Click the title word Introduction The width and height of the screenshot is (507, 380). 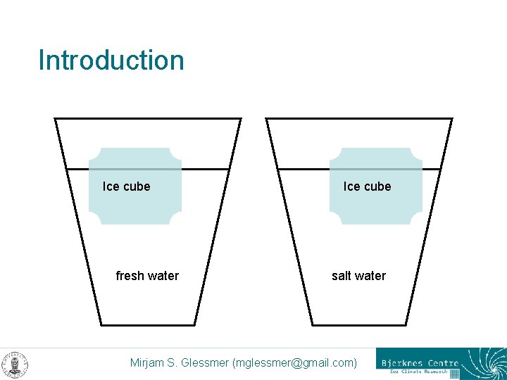coord(111,61)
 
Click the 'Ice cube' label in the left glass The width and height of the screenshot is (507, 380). coord(127,186)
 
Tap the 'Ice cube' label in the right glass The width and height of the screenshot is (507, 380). coord(367,186)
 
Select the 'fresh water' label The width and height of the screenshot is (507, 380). coord(147,276)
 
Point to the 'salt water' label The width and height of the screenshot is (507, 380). coord(359,276)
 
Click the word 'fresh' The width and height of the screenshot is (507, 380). coord(130,276)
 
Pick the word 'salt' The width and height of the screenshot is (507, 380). coord(341,276)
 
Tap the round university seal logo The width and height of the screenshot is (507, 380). coord(15,364)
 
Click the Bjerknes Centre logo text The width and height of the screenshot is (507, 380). coord(420,363)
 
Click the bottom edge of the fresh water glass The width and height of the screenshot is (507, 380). coord(147,325)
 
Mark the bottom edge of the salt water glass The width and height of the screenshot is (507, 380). coord(358,325)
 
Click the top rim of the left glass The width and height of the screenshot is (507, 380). coord(148,118)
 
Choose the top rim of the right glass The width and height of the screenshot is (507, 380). coord(359,118)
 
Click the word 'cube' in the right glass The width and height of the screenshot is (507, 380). coord(378,186)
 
